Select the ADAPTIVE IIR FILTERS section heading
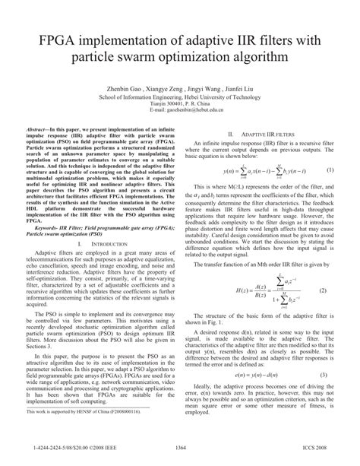pos(261,132)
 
